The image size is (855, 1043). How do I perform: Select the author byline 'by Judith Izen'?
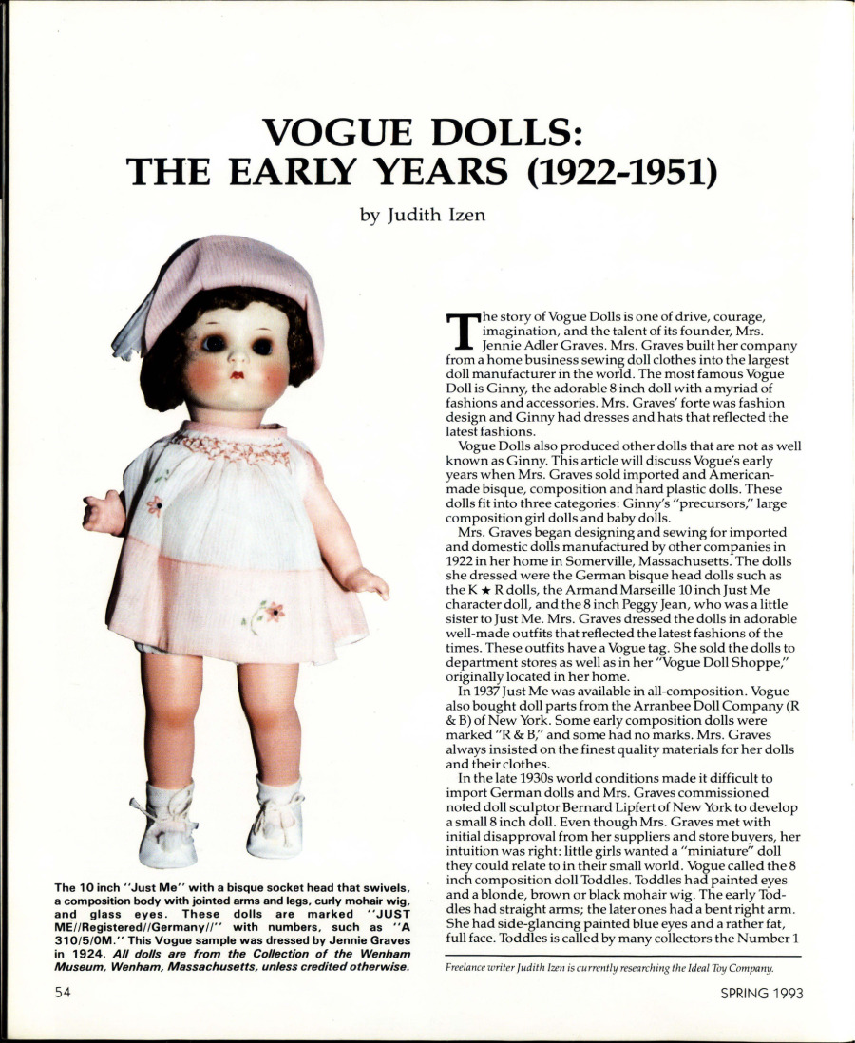(x=423, y=216)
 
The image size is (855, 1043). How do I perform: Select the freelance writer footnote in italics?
(x=609, y=968)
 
